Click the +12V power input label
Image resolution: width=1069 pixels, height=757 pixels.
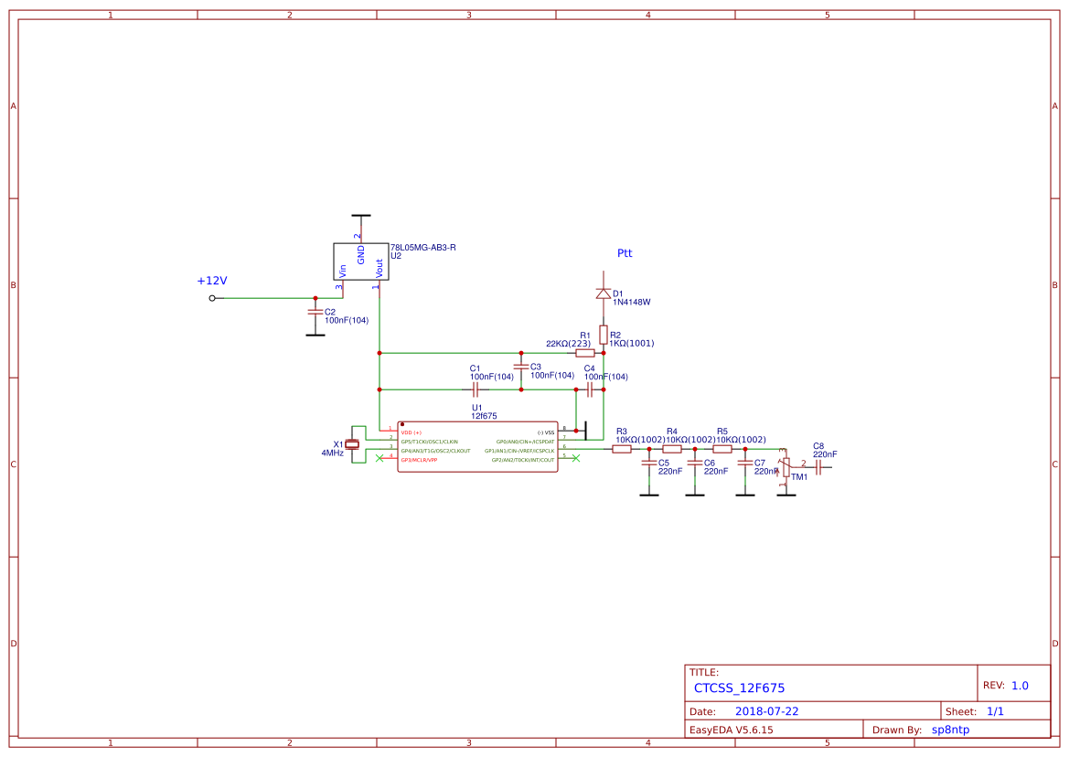coord(211,281)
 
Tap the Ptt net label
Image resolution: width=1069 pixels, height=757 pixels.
coord(625,253)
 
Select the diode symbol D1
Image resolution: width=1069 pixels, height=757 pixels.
coord(604,293)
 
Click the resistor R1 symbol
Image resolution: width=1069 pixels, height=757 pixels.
coord(585,353)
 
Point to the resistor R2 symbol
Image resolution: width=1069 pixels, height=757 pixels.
coord(604,334)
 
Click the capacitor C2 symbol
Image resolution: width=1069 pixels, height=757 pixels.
coord(315,312)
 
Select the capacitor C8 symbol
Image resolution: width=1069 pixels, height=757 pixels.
coord(819,467)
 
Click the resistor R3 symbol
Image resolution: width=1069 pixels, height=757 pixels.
coord(622,449)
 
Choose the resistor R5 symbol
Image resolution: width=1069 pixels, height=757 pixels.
coord(722,449)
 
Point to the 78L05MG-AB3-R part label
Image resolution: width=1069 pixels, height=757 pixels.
coord(422,248)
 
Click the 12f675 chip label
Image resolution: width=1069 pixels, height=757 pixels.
coord(484,416)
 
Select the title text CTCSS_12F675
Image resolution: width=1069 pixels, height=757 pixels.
coord(739,688)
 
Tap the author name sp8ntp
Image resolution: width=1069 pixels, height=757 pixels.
coord(950,730)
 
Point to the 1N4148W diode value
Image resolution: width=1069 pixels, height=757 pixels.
coord(631,302)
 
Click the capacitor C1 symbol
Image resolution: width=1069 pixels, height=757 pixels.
coord(476,389)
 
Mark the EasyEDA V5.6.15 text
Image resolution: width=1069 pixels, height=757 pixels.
coord(731,730)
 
